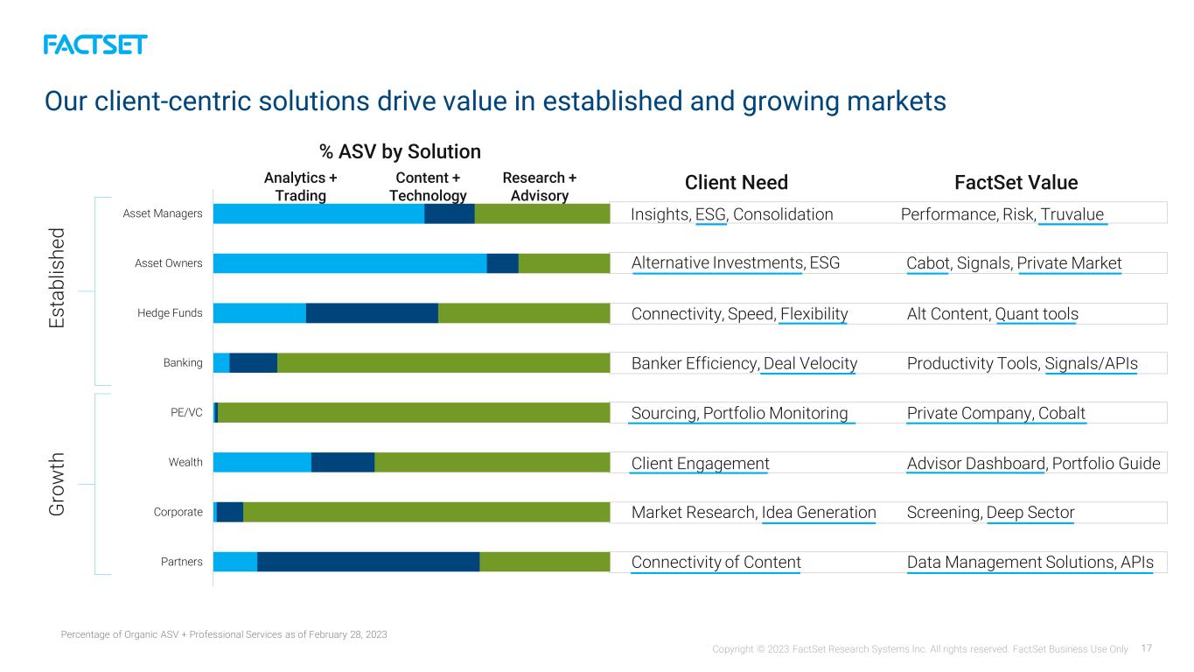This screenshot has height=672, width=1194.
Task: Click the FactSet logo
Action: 95,45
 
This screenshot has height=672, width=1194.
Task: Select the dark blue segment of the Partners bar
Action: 368,562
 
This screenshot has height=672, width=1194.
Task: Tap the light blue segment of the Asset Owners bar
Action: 350,263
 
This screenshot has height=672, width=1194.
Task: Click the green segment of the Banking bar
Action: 443,362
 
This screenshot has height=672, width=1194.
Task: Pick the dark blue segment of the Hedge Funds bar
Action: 372,313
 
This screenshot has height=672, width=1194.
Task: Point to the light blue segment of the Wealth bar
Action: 262,462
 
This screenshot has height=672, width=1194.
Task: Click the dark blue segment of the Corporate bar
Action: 230,512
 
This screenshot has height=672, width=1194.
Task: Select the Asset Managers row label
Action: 163,213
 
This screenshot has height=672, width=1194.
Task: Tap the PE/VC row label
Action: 186,412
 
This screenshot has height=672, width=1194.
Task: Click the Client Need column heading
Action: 737,182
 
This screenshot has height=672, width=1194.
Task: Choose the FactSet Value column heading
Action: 1016,182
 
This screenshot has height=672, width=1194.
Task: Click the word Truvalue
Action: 1072,214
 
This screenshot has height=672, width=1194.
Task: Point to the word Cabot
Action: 928,262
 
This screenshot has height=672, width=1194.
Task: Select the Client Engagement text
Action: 700,464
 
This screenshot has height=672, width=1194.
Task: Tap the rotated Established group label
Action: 57,278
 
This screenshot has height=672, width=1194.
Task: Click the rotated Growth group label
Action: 57,484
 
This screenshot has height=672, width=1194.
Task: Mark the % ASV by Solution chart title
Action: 400,151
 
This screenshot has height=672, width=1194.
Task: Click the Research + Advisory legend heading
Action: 540,186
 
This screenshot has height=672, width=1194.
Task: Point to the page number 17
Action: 1147,648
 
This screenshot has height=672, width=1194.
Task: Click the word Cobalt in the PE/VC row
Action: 1061,413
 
